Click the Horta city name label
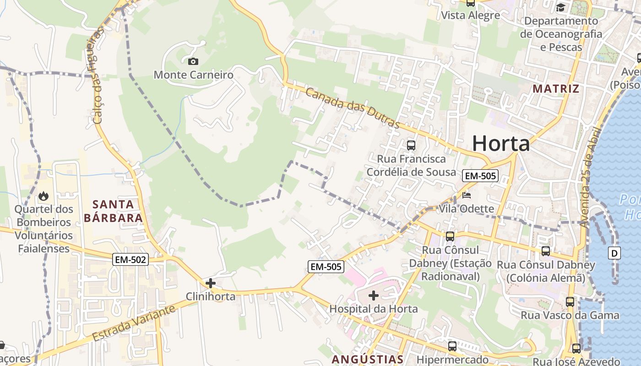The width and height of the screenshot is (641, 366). tap(501, 143)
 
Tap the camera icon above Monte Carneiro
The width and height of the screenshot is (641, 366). tap(193, 61)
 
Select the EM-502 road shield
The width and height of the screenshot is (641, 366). tap(131, 260)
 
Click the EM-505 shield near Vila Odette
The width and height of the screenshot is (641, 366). tap(480, 176)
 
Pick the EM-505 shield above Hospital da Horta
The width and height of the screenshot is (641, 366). tap(326, 267)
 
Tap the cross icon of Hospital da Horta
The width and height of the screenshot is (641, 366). tap(374, 296)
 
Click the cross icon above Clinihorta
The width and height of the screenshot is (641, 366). tap(211, 283)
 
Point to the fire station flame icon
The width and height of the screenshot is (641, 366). tap(43, 196)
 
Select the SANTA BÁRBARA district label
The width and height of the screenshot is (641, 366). tap(113, 211)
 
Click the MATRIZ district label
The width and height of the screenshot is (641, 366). tap(556, 89)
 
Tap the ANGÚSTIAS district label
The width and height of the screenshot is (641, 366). tap(368, 359)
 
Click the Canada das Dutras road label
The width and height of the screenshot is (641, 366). tap(353, 108)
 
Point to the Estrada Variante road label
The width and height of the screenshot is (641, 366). tap(134, 323)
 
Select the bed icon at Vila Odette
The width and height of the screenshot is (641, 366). tap(467, 196)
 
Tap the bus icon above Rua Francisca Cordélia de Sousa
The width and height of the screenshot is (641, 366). tap(411, 145)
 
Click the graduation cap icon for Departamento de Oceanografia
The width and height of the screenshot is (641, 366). tap(560, 7)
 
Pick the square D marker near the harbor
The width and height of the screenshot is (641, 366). tap(614, 253)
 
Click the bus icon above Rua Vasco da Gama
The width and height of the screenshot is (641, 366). tap(570, 302)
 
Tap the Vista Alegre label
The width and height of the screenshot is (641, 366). tap(470, 16)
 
